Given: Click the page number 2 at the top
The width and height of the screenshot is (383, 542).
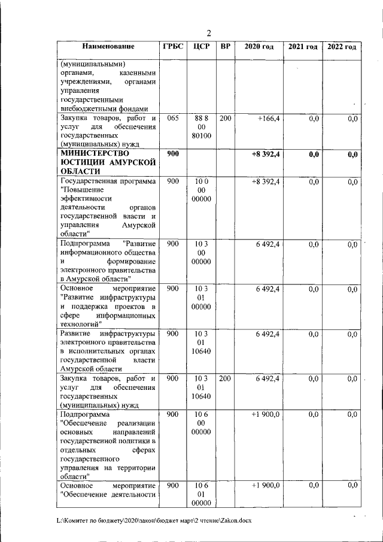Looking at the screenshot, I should pos(209,33).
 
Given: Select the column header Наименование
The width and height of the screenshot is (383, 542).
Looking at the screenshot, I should pos(108,47).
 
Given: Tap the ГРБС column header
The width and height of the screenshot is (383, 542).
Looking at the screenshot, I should pos(174,47).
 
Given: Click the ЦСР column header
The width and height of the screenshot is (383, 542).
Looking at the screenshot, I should pos(201,47).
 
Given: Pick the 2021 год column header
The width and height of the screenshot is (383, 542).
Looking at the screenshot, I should pos(303,47).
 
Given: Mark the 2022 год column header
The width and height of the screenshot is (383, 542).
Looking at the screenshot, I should pos(341,47).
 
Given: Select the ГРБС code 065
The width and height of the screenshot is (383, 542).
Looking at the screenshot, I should pos(173,119).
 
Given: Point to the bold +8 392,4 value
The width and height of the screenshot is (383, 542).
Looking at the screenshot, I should pos(266,154).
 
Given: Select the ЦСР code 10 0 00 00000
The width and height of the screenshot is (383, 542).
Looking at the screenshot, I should pos(201,190).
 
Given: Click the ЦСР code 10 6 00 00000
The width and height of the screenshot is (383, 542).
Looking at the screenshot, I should pos(201,423).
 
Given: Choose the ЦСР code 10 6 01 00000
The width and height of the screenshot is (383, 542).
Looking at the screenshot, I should pos(201,494).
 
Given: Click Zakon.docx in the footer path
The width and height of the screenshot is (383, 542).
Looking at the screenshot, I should pos(234,520).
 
